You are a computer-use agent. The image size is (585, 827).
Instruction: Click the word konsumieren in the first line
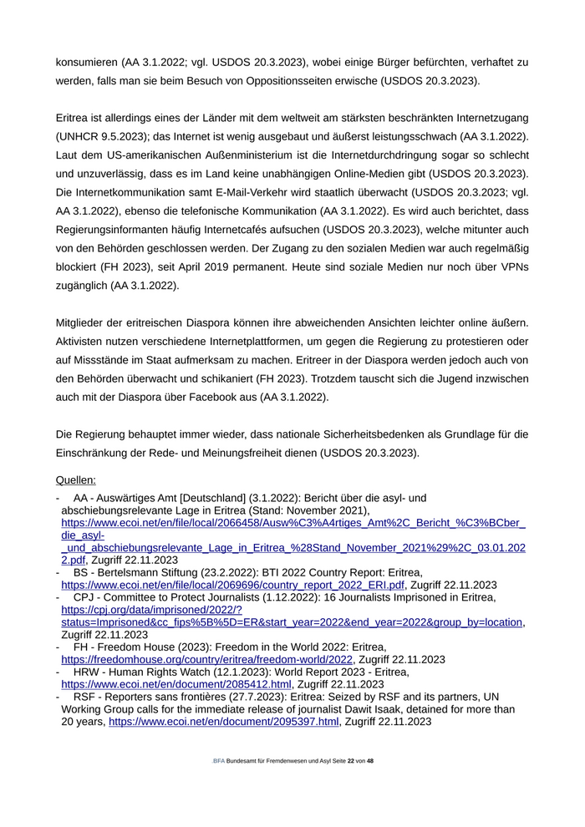[x=85, y=62]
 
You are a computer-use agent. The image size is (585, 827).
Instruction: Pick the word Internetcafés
[x=242, y=230]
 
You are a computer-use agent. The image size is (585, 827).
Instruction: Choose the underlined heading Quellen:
[x=75, y=480]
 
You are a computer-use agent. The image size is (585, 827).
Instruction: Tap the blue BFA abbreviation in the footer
[x=220, y=762]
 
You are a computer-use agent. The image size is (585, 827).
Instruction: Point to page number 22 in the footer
[x=351, y=762]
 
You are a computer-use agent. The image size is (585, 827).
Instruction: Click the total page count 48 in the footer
[x=370, y=762]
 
